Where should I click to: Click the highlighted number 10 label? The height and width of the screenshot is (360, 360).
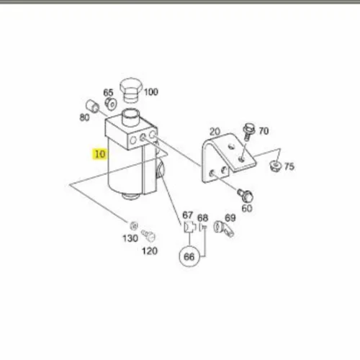coord(100,154)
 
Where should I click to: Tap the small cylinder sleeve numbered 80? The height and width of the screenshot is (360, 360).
coord(92,106)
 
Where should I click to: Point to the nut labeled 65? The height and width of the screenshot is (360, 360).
coord(111,104)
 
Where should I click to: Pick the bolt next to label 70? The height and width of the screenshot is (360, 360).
coord(248,132)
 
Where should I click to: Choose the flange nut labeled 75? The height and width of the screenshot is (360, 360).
coord(276,166)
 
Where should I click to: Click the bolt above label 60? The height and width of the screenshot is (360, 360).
coord(246,195)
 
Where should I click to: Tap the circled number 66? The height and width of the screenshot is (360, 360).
coord(189,257)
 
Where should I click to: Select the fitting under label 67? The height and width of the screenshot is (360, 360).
coord(189,227)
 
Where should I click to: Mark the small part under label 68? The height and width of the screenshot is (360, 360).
coord(203,227)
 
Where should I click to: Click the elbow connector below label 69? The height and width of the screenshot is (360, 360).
coord(224,228)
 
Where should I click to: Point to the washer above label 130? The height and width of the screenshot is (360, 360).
coord(134,225)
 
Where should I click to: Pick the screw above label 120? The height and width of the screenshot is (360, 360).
coord(148,235)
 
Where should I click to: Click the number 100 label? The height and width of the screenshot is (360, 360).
coord(151,92)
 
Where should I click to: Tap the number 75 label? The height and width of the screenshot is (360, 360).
coord(289,166)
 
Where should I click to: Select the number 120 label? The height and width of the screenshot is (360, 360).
coord(150,251)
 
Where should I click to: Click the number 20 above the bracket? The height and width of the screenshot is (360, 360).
coord(215,132)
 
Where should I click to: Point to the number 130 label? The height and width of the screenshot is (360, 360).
coord(130,238)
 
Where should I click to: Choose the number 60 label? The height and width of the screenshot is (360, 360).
coord(247,208)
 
